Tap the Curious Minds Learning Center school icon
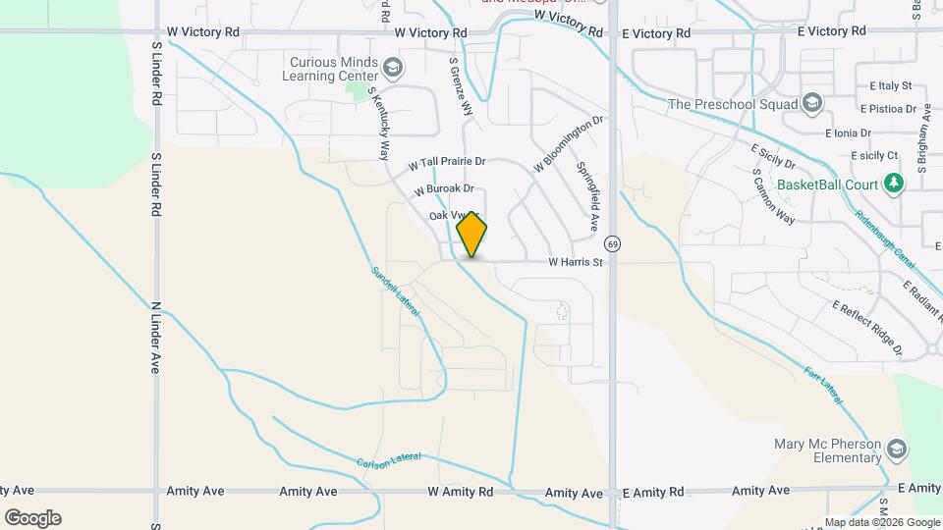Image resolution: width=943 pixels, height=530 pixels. tap(393, 68)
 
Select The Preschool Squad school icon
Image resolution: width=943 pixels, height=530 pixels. tap(812, 103)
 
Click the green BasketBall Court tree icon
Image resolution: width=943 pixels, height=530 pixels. tap(893, 184)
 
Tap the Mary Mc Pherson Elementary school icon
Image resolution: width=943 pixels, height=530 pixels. tap(896, 450)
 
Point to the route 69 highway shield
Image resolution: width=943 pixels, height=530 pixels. tap(613, 242)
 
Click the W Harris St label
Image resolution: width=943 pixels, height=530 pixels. tap(575, 262)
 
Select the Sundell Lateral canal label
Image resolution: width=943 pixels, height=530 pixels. tap(396, 291)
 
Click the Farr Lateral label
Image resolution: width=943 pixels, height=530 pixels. tap(824, 385)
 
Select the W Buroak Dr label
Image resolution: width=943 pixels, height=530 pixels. tap(444, 188)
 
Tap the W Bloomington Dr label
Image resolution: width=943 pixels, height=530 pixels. tap(567, 145)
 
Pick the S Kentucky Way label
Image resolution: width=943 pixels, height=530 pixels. tap(378, 123)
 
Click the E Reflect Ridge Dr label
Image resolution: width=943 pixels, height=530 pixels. tap(882, 328)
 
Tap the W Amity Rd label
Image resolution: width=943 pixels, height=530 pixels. tap(461, 491)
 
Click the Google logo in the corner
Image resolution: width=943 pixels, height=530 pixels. tap(32, 517)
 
